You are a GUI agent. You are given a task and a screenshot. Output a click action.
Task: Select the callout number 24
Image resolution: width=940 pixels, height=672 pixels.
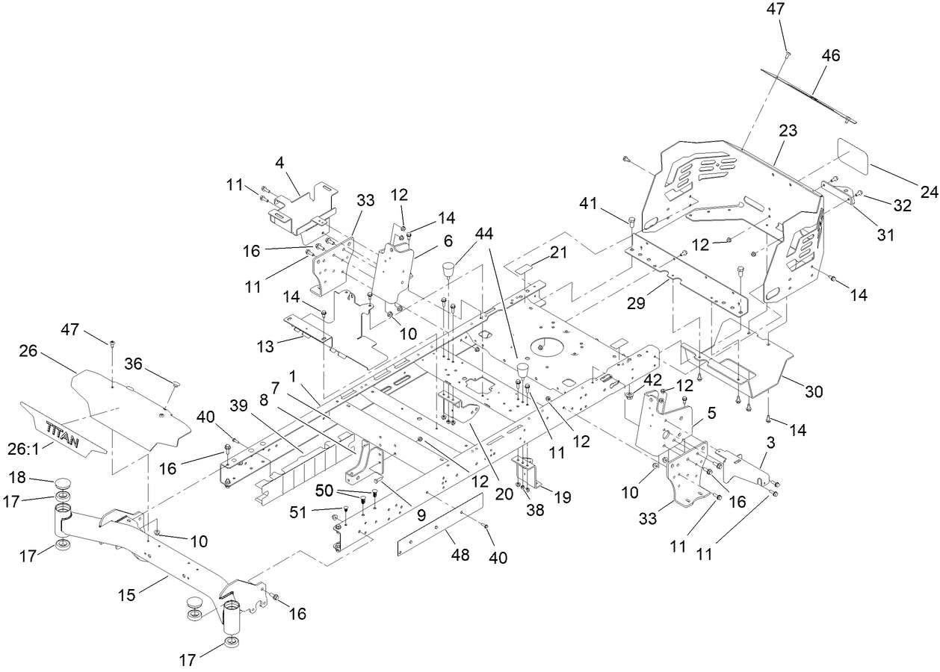tap(928, 191)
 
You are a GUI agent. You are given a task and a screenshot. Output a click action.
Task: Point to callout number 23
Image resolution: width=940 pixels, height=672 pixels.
tap(788, 131)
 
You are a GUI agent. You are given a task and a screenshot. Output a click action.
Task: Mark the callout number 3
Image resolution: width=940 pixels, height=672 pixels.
tap(770, 443)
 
